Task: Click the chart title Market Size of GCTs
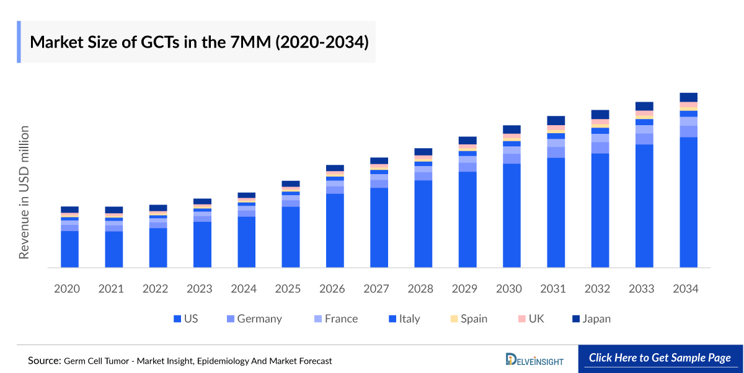pos(199,42)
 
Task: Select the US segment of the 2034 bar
pos(689,202)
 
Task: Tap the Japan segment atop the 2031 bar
pos(556,120)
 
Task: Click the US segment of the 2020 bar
pos(69,249)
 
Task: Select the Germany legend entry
pos(259,319)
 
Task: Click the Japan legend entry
pos(595,319)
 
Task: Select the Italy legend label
pos(409,319)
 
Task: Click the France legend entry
pos(341,319)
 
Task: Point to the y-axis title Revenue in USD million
pos(24,192)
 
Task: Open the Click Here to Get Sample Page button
pos(660,358)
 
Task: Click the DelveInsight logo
pos(534,359)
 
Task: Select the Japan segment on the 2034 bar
pos(689,97)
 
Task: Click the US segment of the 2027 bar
pos(379,227)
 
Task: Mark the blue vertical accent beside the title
pos(19,42)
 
